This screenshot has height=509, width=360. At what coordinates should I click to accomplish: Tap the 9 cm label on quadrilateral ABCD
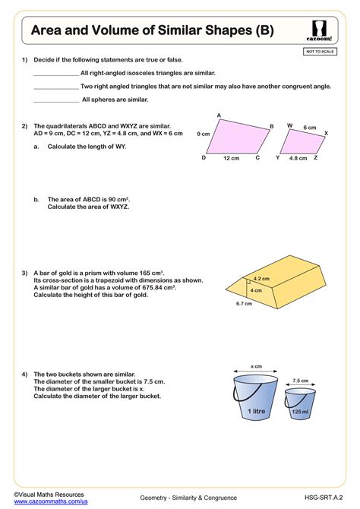coord(203,134)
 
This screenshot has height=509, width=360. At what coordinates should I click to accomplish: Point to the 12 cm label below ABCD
coord(232,159)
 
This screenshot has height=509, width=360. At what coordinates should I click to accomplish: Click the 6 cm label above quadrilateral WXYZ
coord(310,127)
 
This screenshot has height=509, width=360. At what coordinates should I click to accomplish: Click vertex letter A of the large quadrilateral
coord(219,115)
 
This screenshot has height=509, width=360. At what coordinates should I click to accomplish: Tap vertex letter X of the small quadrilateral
coord(326,133)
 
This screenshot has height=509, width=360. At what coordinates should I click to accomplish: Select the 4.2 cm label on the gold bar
coord(261,279)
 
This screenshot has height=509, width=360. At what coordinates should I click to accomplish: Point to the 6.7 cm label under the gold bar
coord(244,304)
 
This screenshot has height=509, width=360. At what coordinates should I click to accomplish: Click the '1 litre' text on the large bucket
coord(256,410)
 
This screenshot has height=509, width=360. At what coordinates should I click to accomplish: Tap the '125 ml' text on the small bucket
coord(300,412)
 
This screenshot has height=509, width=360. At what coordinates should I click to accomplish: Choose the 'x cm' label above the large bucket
coord(256,366)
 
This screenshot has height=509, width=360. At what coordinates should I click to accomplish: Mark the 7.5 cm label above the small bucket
coord(300,380)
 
